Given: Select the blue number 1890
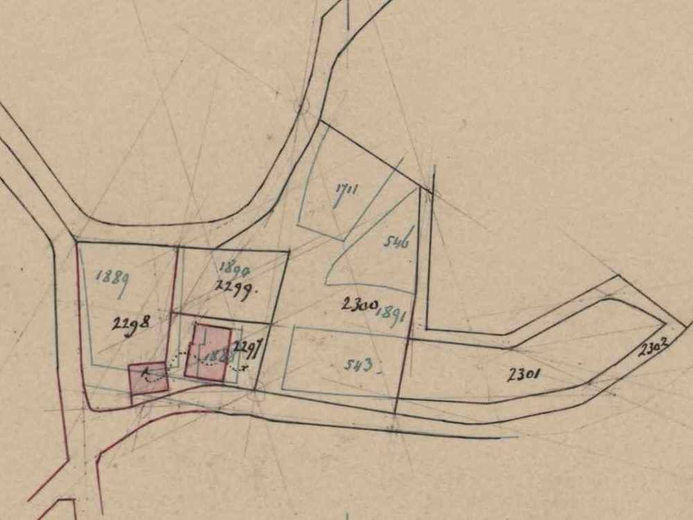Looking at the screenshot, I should (x=234, y=268).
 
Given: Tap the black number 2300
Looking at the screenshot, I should (x=359, y=304).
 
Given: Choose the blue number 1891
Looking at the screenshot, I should (x=390, y=313).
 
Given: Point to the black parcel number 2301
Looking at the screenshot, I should (x=524, y=375).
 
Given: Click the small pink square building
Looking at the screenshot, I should (x=148, y=379).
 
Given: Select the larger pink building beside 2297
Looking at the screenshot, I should (x=208, y=353).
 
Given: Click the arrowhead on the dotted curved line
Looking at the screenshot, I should (x=145, y=373).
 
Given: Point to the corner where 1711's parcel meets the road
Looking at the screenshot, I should (x=319, y=121).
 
